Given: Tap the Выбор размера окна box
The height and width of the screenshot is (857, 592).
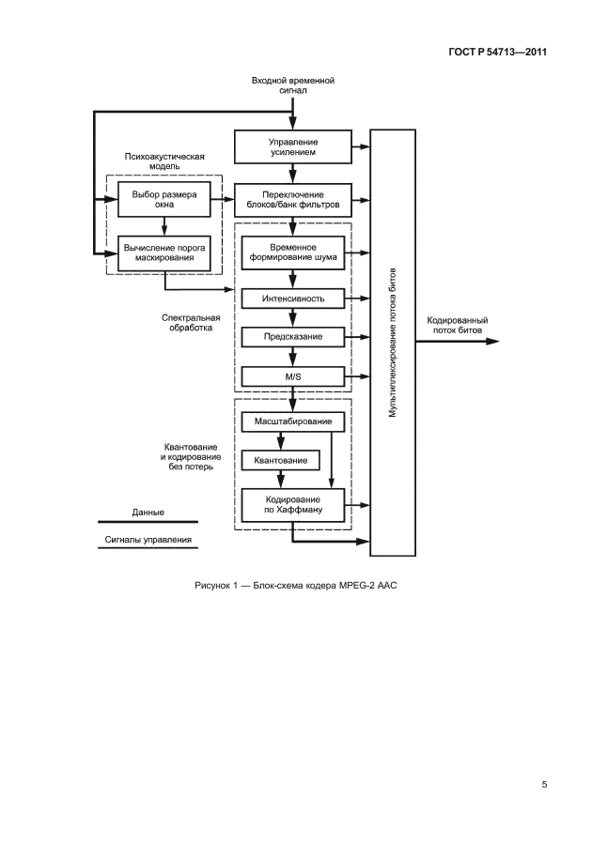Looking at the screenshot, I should click(x=164, y=197).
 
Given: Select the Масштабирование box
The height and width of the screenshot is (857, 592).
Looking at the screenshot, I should click(x=292, y=422).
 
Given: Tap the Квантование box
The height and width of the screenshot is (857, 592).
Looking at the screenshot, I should click(x=280, y=460).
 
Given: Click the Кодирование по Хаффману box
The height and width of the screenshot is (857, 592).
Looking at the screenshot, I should click(x=292, y=505).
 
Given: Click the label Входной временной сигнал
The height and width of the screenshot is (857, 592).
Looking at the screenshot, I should click(x=293, y=85).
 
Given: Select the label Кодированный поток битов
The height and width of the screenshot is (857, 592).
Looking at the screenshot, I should click(x=457, y=325).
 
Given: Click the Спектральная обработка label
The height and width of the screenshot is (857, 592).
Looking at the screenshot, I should click(x=185, y=323).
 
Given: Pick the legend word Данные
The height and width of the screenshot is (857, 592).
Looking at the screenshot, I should click(x=148, y=513).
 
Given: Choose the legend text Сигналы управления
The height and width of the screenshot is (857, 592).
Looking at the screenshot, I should click(x=148, y=541).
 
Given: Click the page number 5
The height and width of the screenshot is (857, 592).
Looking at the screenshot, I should click(x=543, y=785).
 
